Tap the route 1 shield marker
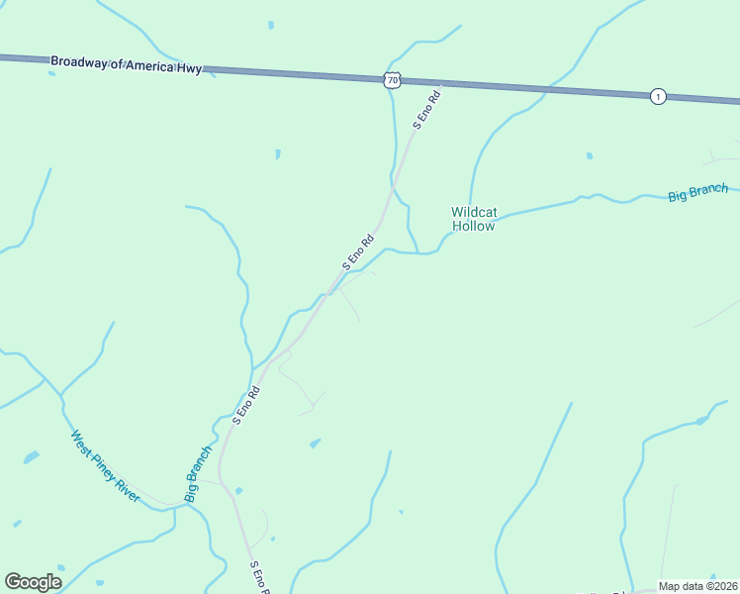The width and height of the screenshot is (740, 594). coord(658,96)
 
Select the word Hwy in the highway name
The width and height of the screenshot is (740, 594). coord(190,68)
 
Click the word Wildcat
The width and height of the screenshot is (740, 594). coord(473,212)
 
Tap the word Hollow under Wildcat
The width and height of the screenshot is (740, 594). coord(473,226)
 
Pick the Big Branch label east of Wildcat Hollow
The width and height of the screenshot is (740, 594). coord(697,192)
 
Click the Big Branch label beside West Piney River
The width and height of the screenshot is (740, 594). coord(198,473)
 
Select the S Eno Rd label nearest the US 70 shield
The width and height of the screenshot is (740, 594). coord(425,109)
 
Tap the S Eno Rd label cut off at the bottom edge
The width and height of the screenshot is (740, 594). coord(261,577)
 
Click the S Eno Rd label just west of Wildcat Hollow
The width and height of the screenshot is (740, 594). coord(358,251)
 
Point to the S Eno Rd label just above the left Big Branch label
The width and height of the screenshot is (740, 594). coord(245,404)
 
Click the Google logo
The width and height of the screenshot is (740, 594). coord(33,582)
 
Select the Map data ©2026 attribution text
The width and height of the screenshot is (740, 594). coord(697,586)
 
